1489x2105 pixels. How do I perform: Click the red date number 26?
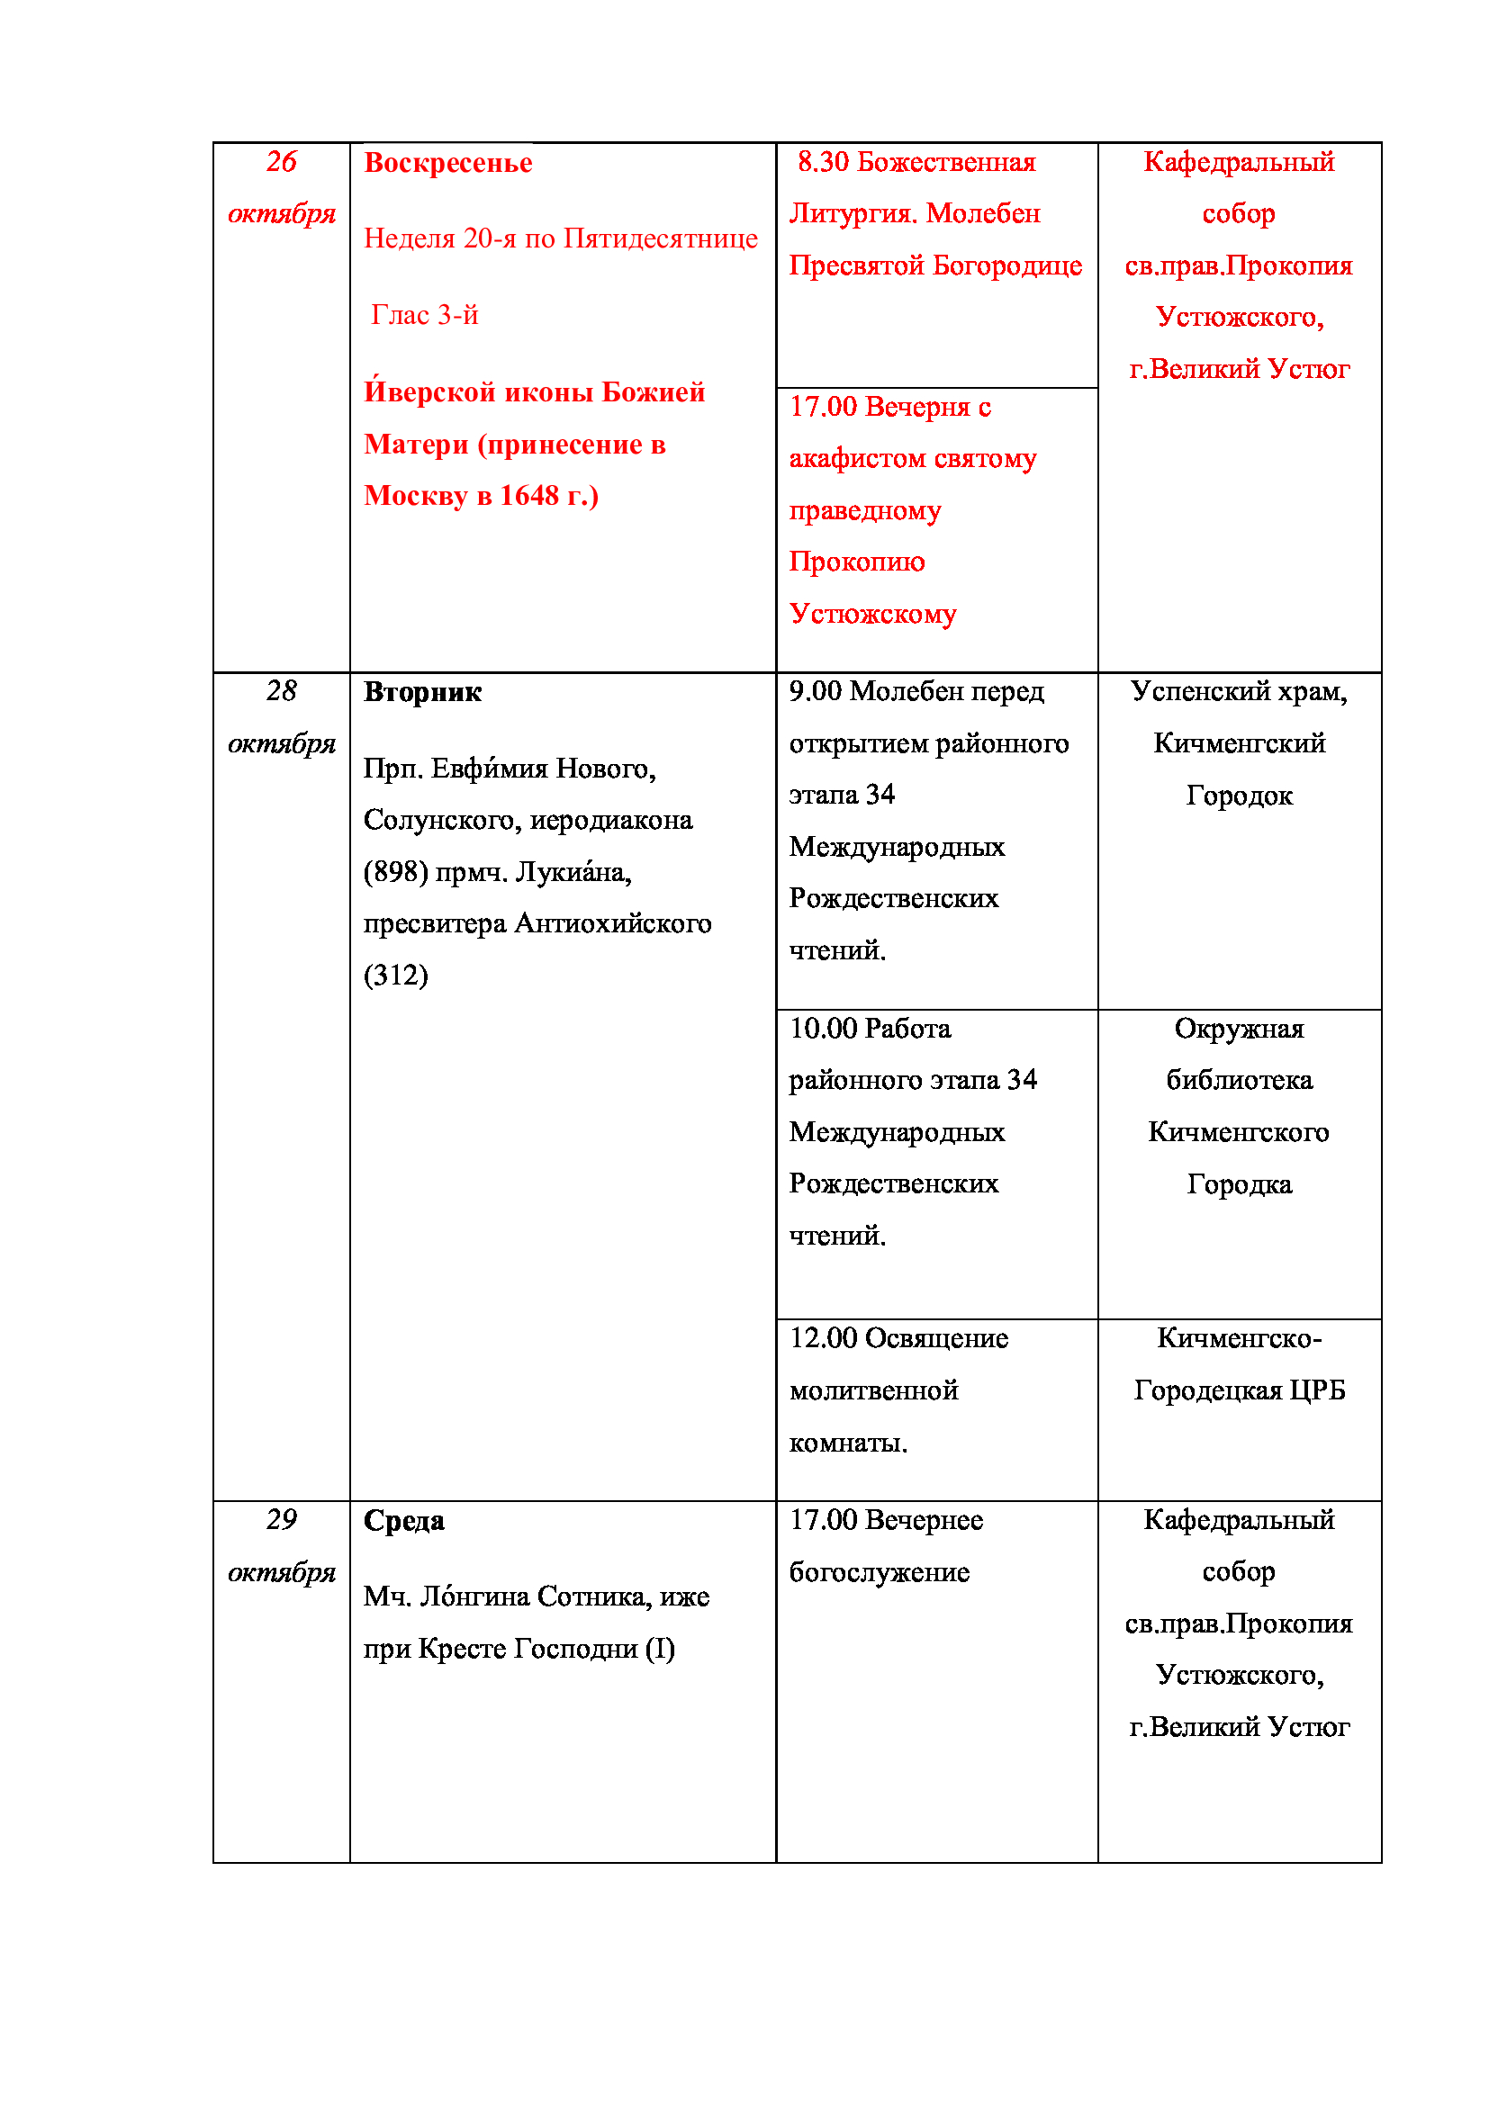point(282,162)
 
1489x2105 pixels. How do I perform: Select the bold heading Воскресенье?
point(447,163)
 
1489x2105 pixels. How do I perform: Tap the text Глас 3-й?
point(425,315)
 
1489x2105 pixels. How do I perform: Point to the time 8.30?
point(823,162)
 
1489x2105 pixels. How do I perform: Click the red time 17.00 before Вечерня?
point(823,407)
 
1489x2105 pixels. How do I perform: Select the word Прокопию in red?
point(856,562)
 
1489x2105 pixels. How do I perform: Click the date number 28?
point(282,691)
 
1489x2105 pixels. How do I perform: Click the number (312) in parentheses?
point(395,976)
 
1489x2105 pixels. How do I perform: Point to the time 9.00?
point(815,692)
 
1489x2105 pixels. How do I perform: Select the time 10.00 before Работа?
point(823,1029)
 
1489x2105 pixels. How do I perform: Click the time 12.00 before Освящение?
point(823,1339)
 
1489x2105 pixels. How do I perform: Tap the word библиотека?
point(1239,1081)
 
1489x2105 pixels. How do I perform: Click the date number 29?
point(282,1520)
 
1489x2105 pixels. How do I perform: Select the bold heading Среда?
point(403,1521)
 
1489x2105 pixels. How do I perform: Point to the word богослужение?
point(879,1573)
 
